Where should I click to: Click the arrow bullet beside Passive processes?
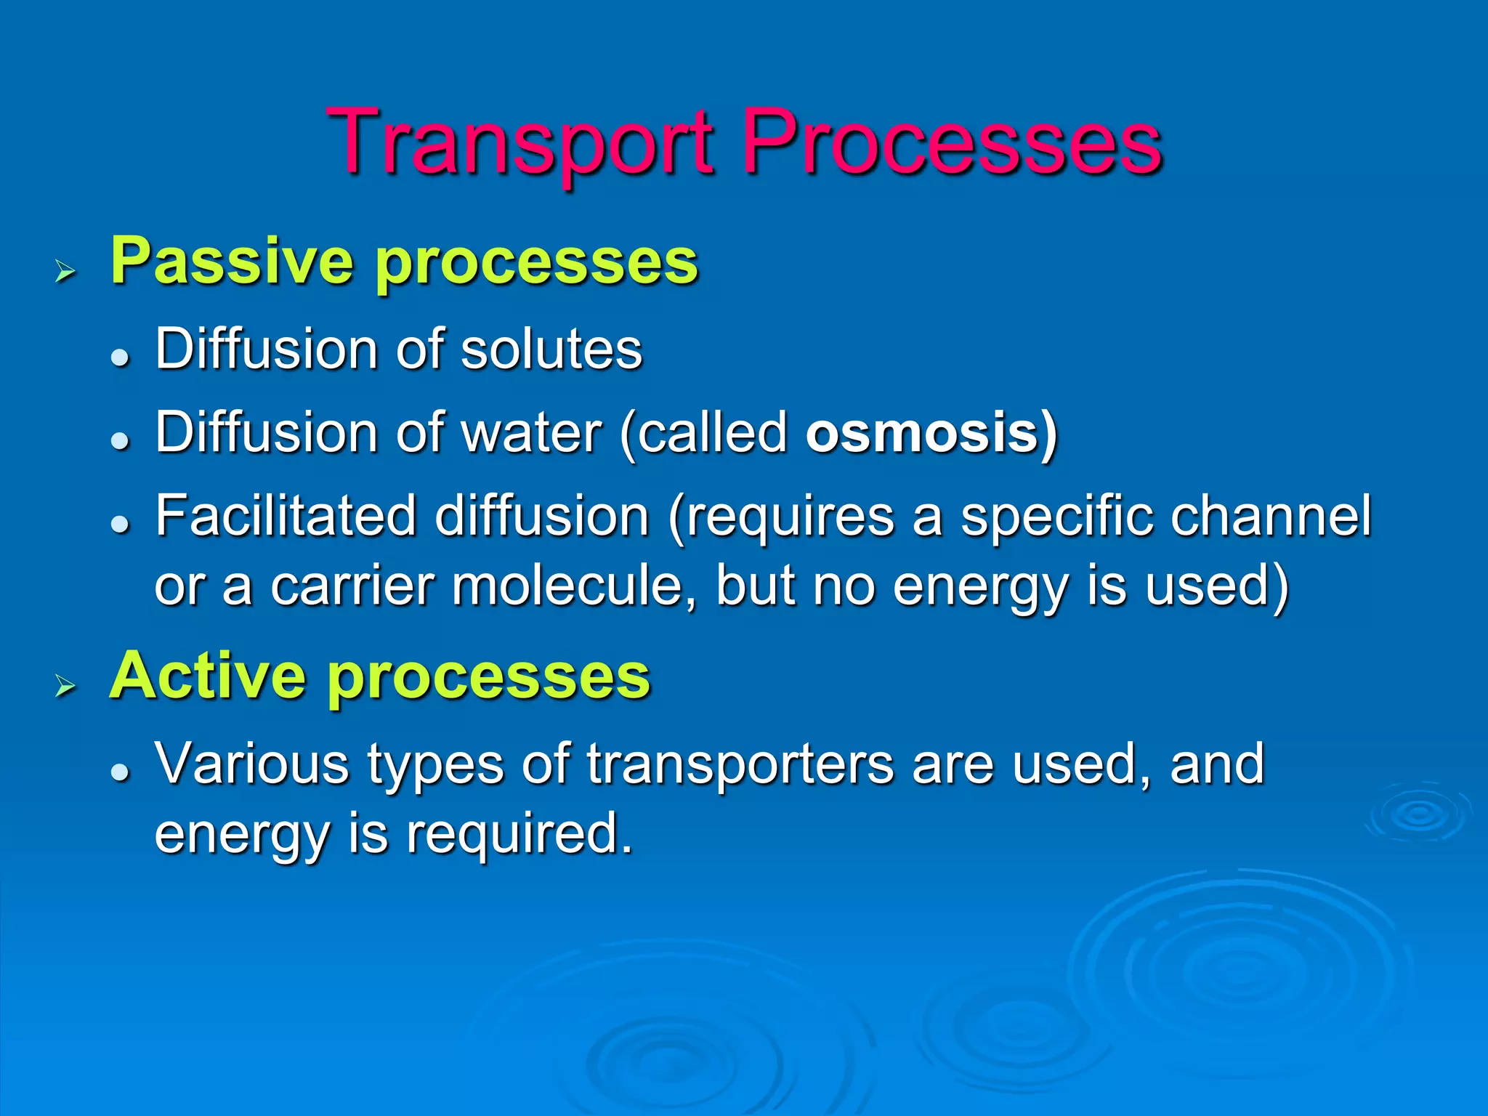tap(65, 272)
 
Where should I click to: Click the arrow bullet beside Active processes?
tap(65, 686)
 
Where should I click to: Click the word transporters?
tap(740, 765)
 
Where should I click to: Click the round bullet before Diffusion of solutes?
tap(120, 357)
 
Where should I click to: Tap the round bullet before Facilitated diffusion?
tap(120, 524)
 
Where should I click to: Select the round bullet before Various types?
tap(120, 772)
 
